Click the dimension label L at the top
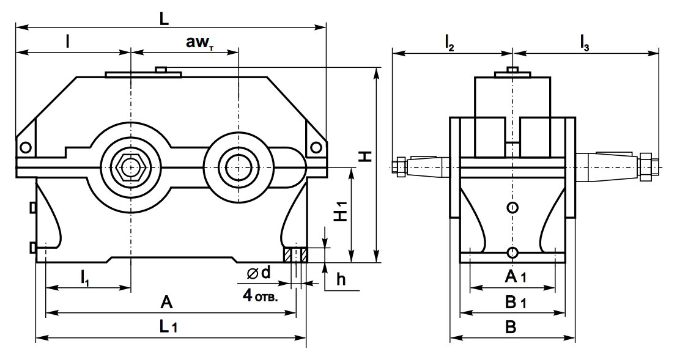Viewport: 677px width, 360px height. [x=164, y=18]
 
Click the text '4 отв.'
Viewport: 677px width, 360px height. [x=260, y=296]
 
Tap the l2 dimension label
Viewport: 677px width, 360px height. [x=449, y=43]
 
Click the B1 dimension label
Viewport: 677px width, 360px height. [x=515, y=303]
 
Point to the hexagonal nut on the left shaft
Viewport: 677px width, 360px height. [x=130, y=166]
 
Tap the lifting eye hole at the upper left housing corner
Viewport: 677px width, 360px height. [x=25, y=147]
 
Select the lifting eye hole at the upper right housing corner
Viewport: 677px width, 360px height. [x=316, y=147]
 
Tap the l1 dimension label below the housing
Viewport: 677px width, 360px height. [x=84, y=276]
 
